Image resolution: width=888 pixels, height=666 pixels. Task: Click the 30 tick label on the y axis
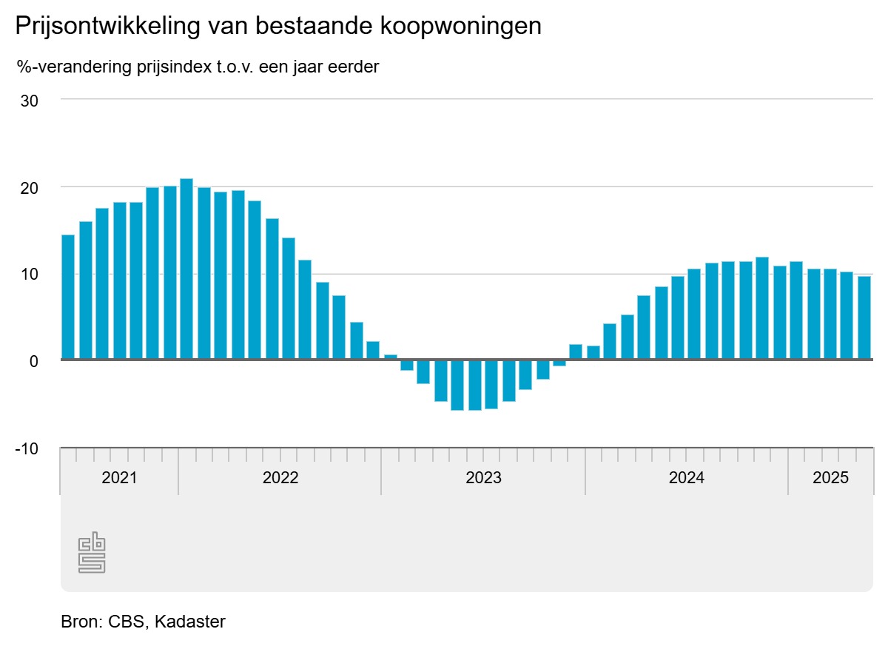pyautogui.click(x=29, y=100)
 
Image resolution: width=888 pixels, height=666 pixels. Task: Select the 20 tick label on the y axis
pyautogui.click(x=29, y=187)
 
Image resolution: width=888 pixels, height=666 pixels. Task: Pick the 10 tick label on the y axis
pyautogui.click(x=29, y=274)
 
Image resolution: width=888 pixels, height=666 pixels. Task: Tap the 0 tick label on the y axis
pyautogui.click(x=33, y=361)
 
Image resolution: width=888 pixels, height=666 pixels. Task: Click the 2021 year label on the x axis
pyautogui.click(x=119, y=477)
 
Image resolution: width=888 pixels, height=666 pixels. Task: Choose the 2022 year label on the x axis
pyautogui.click(x=280, y=477)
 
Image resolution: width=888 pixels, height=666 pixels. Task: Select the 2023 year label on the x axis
pyautogui.click(x=483, y=477)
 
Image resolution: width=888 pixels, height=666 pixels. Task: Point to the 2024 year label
pyautogui.click(x=687, y=477)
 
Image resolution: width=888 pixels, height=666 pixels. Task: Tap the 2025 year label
pyautogui.click(x=830, y=477)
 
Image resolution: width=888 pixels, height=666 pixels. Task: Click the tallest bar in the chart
pyautogui.click(x=186, y=269)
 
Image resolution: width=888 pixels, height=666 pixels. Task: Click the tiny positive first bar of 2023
pyautogui.click(x=390, y=357)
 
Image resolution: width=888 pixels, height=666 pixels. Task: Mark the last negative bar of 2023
pyautogui.click(x=559, y=363)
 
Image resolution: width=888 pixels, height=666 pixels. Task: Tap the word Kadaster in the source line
pyautogui.click(x=190, y=622)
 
